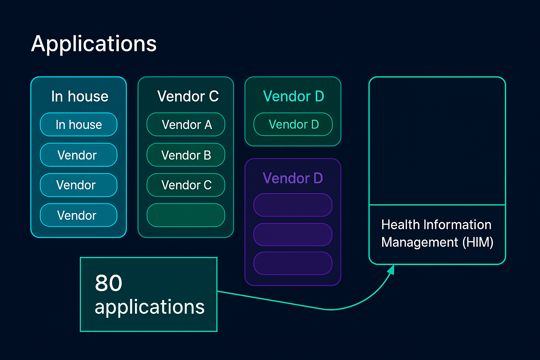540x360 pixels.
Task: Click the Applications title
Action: (x=94, y=44)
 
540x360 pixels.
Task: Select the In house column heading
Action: (x=80, y=96)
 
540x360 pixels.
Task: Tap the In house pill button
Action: (x=79, y=124)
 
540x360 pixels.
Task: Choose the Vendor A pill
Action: (x=186, y=124)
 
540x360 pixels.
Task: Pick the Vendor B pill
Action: (x=186, y=155)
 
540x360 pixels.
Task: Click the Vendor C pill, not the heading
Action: (x=186, y=185)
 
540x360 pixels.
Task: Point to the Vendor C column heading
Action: (x=188, y=96)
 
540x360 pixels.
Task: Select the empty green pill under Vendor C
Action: (x=186, y=215)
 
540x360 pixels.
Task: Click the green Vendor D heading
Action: (x=293, y=96)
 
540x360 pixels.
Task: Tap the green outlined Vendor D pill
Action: (x=293, y=124)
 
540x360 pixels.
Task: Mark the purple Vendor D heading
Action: (x=292, y=178)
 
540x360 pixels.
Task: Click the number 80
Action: (x=109, y=283)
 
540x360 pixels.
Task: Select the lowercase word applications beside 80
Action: (x=149, y=307)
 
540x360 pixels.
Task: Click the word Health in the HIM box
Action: (x=400, y=225)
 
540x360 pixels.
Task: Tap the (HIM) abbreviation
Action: (x=477, y=242)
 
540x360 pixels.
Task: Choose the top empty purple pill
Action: (x=293, y=205)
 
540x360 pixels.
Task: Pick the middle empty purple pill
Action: (x=293, y=234)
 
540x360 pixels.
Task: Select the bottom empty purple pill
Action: (x=293, y=263)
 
